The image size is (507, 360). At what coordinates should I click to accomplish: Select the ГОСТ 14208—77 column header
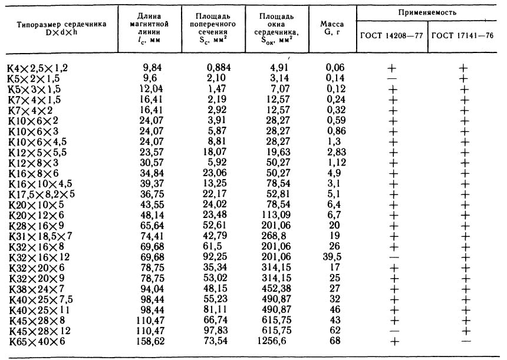pyautogui.click(x=391, y=35)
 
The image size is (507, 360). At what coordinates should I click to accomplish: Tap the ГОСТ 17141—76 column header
pyautogui.click(x=464, y=35)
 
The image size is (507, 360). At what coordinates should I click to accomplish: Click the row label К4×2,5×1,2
pyautogui.click(x=37, y=69)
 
